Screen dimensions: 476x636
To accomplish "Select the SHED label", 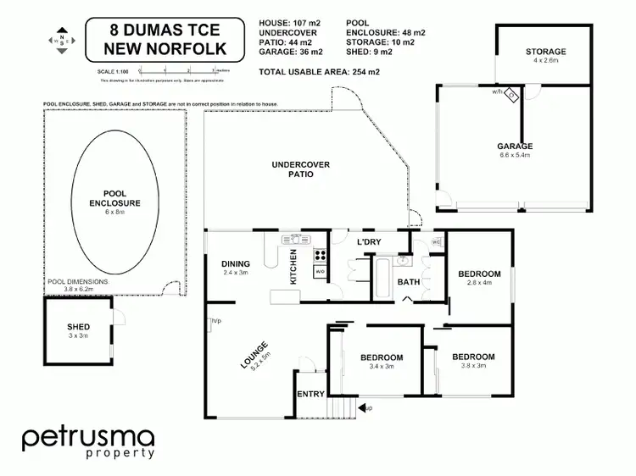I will [78, 327].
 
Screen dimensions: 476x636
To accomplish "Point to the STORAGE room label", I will [544, 52].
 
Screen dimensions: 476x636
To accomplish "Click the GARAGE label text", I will [515, 146].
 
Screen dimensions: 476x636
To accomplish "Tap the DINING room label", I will [235, 263].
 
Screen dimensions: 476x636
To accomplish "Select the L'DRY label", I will [368, 243].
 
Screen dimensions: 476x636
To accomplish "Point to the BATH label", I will [409, 282].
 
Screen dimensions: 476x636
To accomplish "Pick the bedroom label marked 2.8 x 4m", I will [479, 274].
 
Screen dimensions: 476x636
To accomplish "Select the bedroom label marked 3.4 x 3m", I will [381, 357].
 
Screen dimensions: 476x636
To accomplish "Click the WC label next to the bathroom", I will [436, 242].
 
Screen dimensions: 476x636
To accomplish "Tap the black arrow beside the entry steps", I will [363, 409].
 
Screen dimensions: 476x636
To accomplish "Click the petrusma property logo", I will [88, 442].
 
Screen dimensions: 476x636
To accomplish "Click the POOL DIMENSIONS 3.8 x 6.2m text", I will [80, 285].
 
